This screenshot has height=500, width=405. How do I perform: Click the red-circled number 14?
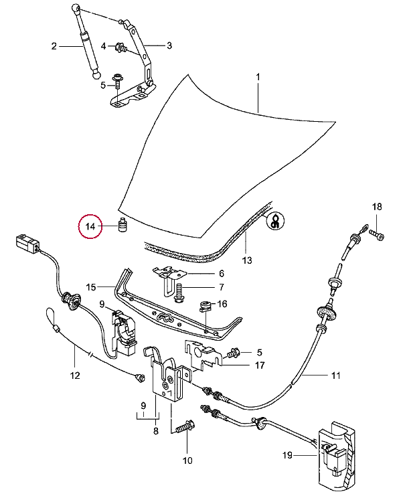coord(89,228)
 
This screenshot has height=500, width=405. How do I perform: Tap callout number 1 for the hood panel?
coord(258,78)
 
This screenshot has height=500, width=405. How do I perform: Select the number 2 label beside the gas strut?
coord(54,46)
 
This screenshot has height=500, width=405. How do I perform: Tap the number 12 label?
coord(74,375)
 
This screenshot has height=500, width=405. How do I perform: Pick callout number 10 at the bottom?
coord(187,460)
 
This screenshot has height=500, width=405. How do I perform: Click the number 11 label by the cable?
coord(335,376)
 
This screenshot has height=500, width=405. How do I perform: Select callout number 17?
coord(258,365)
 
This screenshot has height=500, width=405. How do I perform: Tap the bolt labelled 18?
coord(377,236)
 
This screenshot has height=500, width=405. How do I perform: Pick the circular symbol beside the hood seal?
coord(275,222)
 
